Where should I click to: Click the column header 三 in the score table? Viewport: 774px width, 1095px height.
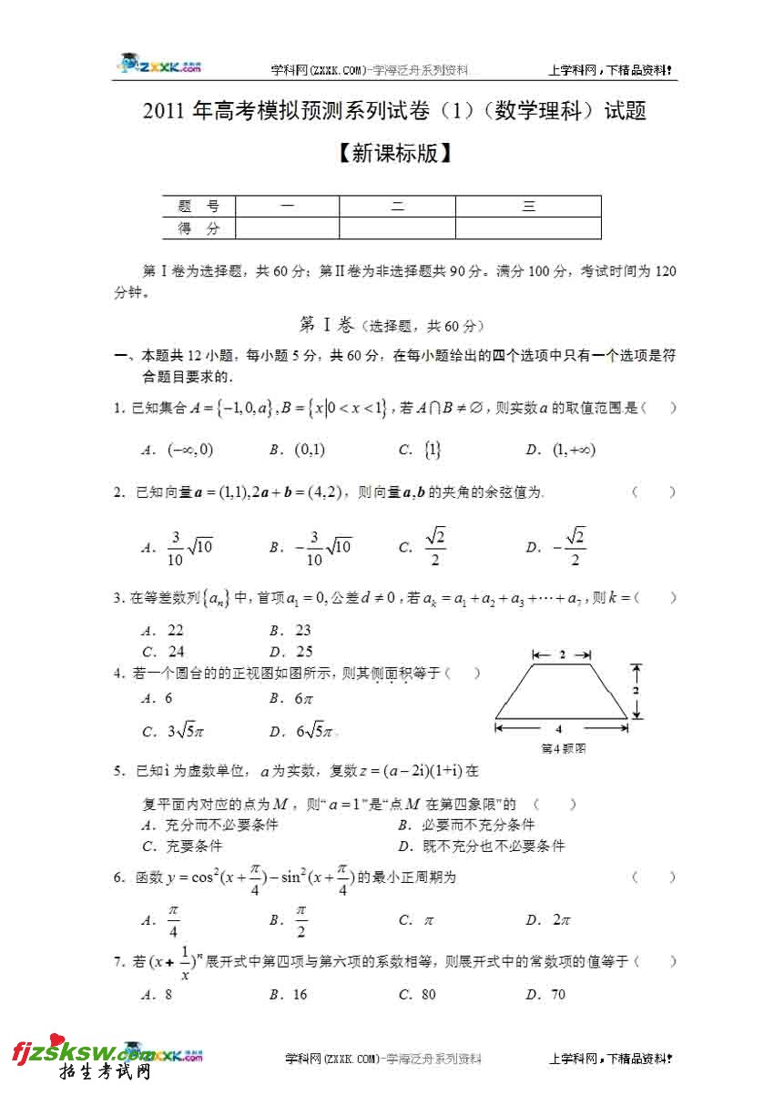point(528,207)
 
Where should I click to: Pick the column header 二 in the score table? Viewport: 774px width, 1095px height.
point(397,207)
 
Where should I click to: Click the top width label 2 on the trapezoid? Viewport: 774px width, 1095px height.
point(562,654)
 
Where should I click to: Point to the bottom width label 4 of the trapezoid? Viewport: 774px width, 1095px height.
point(559,728)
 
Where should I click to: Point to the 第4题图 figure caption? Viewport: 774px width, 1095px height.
point(562,749)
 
